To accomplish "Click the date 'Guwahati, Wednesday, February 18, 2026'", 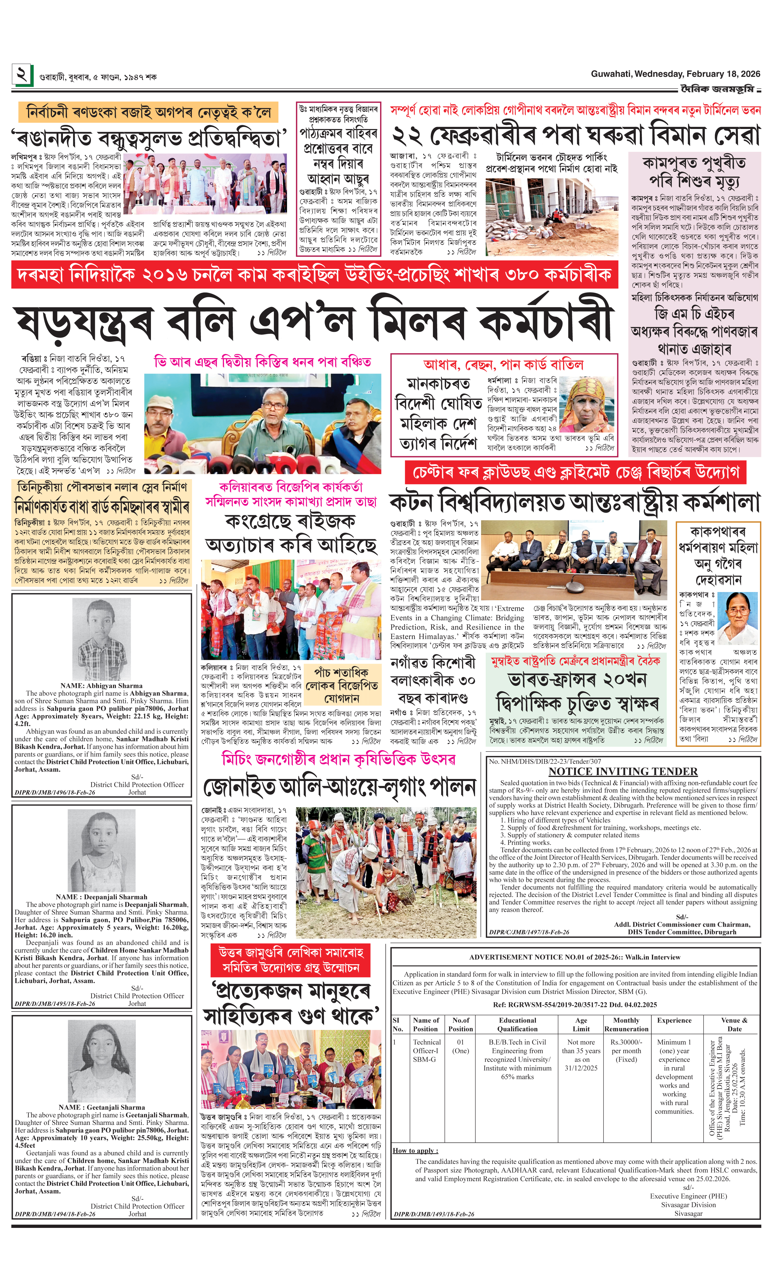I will (x=675, y=74).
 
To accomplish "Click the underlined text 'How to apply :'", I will (x=415, y=1150).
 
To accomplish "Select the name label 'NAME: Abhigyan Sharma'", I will (x=101, y=685).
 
